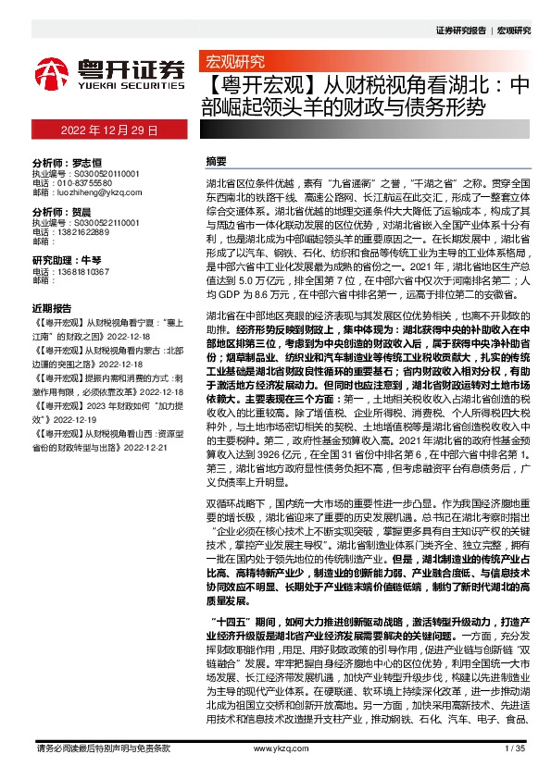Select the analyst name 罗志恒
pyautogui.click(x=87, y=160)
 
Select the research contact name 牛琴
pyautogui.click(x=90, y=259)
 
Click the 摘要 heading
pyautogui.click(x=215, y=160)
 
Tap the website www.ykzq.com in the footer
pyautogui.click(x=275, y=748)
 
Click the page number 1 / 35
pyautogui.click(x=515, y=748)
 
